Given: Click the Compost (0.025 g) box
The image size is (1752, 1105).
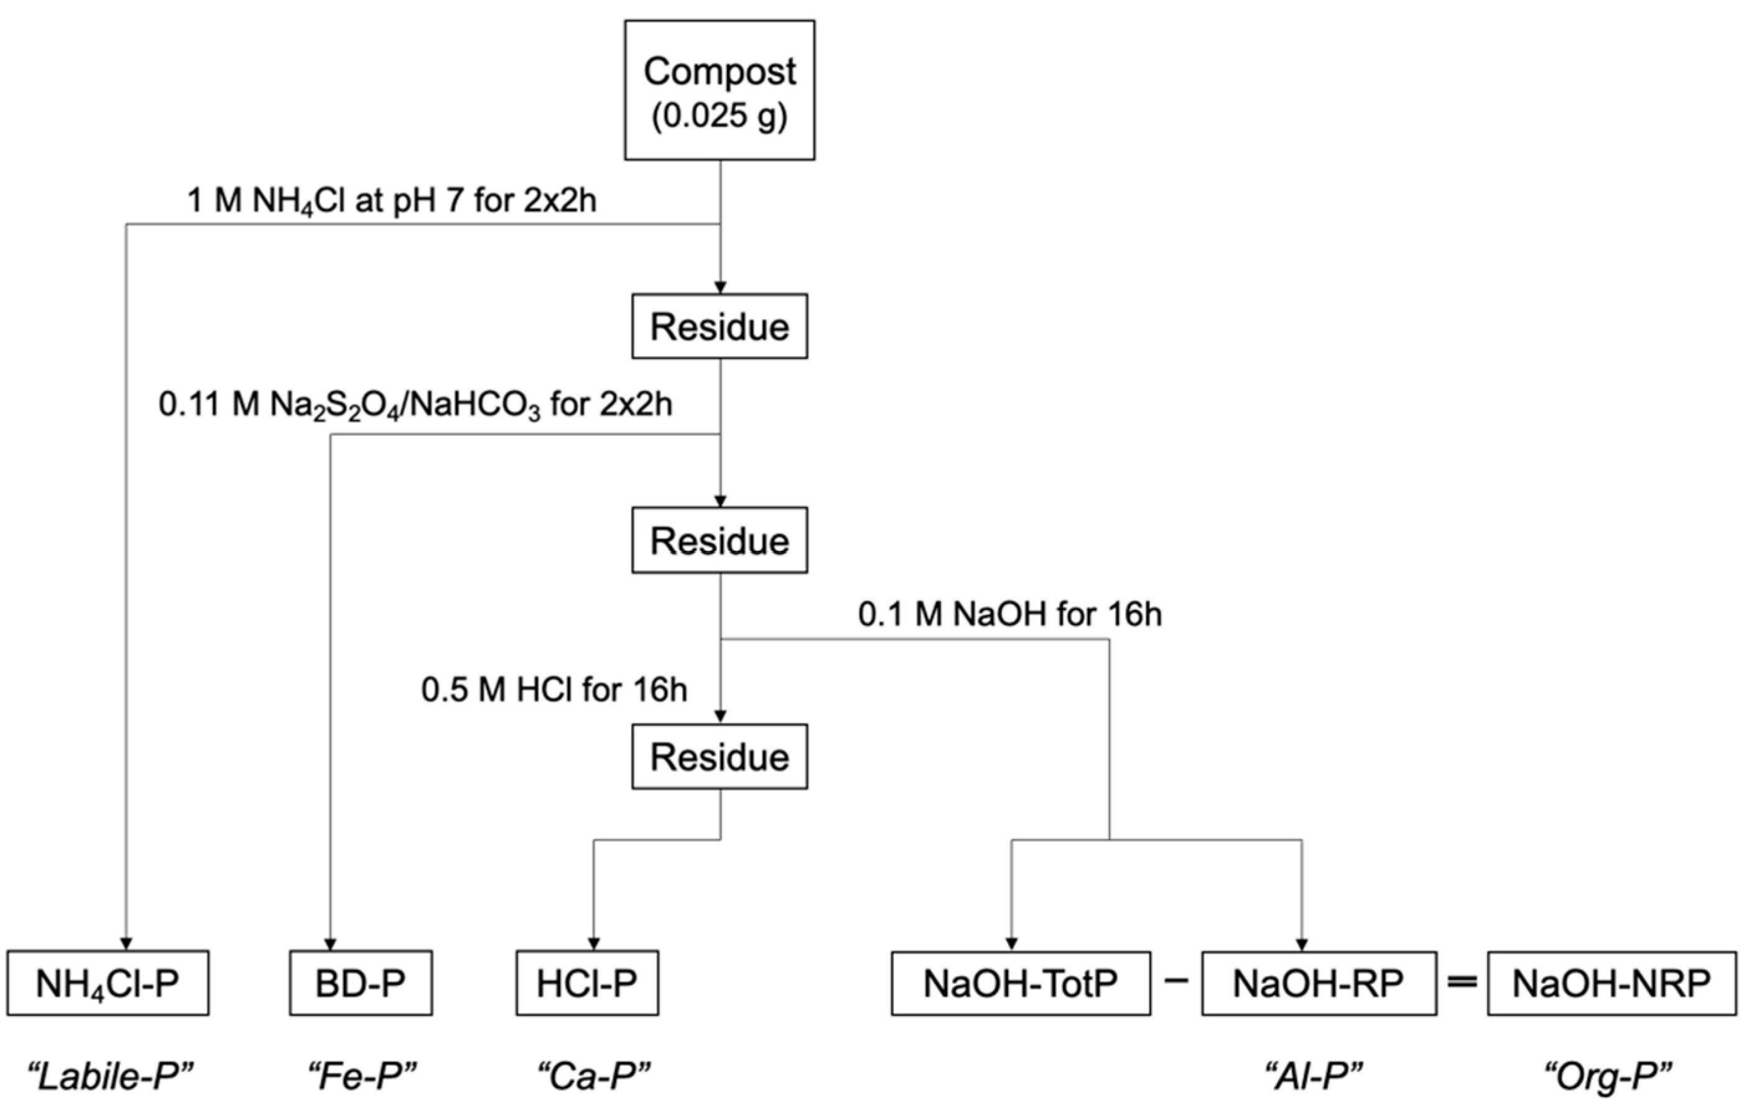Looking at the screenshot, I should (720, 90).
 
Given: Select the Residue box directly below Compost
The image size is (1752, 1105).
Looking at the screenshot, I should (720, 326).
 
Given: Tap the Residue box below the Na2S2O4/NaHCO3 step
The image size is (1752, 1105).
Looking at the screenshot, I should (720, 540).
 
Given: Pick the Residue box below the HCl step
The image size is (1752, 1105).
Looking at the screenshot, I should (720, 757).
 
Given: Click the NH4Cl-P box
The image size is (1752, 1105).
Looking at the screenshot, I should (108, 982).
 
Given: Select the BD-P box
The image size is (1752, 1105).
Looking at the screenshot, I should (361, 982).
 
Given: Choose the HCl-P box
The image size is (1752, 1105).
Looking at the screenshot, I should (587, 982).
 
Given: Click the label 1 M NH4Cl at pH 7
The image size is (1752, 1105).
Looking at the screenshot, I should (391, 200).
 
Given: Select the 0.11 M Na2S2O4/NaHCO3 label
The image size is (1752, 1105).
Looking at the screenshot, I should (415, 404).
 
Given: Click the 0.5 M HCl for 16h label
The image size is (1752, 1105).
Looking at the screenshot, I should (554, 690).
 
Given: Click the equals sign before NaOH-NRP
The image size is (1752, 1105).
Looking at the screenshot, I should (1462, 982).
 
